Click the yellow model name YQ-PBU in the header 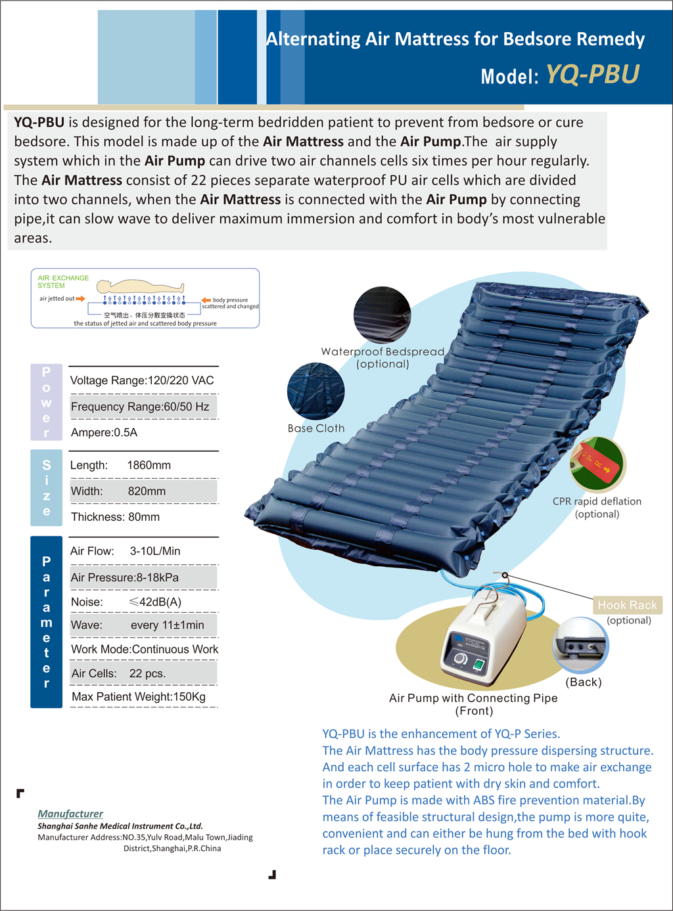click(592, 74)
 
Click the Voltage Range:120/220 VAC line click(142, 381)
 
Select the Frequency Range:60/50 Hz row click(140, 407)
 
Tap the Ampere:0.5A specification click(104, 433)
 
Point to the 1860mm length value click(149, 466)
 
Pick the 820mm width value click(147, 491)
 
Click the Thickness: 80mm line click(115, 518)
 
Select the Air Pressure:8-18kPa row click(125, 578)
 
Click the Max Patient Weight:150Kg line click(139, 697)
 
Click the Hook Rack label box click(627, 605)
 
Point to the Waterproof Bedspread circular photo click(382, 315)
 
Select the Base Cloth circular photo click(316, 391)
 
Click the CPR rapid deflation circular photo click(597, 464)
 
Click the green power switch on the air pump click(478, 665)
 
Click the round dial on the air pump click(461, 659)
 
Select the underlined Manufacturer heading click(70, 814)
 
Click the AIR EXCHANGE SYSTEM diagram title click(63, 282)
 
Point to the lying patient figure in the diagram click(140, 286)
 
